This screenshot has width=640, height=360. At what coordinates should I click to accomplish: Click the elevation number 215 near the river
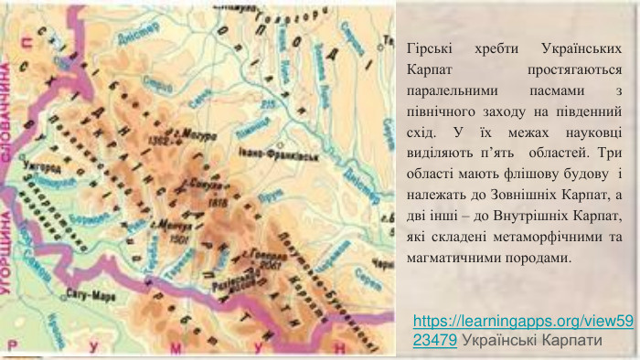(x=267, y=105)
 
